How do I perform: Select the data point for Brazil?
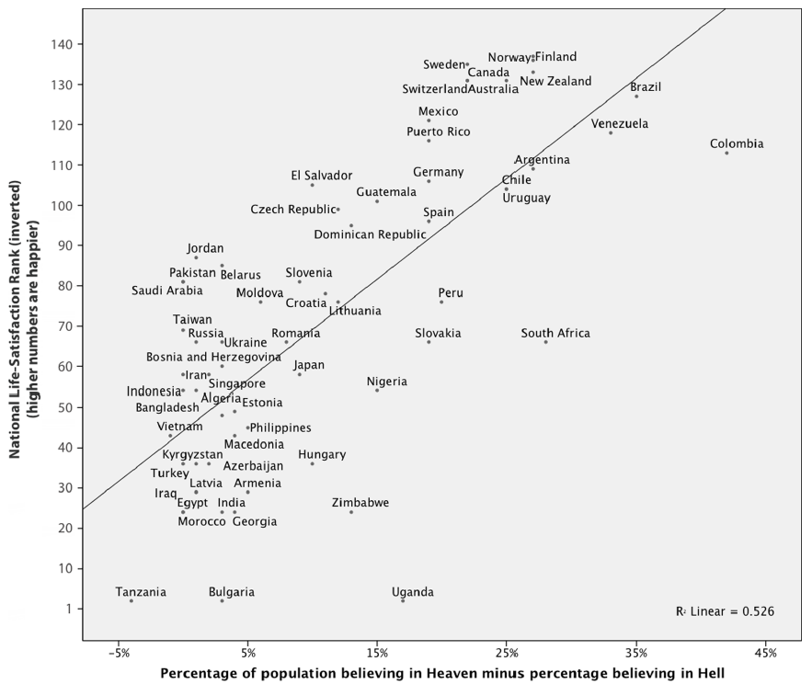pyautogui.click(x=635, y=97)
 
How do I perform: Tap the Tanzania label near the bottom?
pyautogui.click(x=141, y=592)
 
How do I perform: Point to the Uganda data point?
pyautogui.click(x=403, y=600)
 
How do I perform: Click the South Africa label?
pyautogui.click(x=555, y=334)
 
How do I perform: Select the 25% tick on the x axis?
pyautogui.click(x=506, y=653)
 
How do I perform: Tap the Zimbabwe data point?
pyautogui.click(x=351, y=512)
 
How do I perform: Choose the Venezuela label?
pyautogui.click(x=620, y=124)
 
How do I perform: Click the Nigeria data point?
pyautogui.click(x=377, y=391)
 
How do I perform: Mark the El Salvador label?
pyautogui.click(x=321, y=176)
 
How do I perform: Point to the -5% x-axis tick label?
pyautogui.click(x=119, y=653)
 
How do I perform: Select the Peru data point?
pyautogui.click(x=441, y=302)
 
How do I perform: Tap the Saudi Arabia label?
pyautogui.click(x=166, y=291)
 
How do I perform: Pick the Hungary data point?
pyautogui.click(x=313, y=463)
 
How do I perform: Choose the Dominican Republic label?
pyautogui.click(x=370, y=234)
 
